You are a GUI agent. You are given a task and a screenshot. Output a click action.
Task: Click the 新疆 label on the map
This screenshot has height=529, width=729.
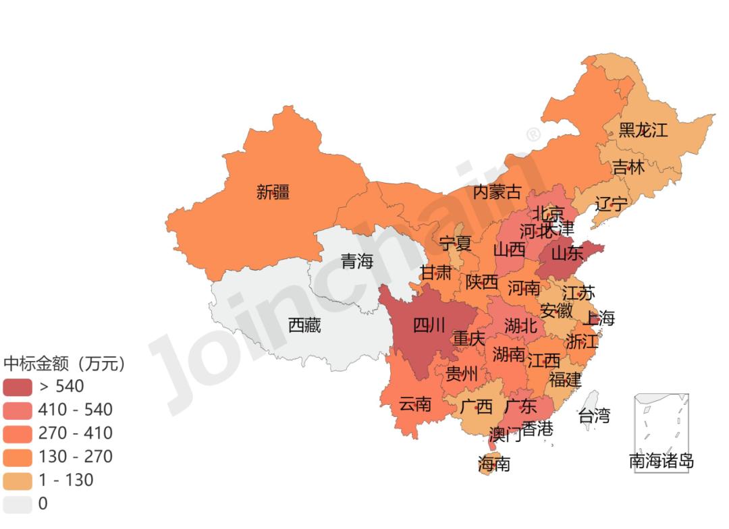273,192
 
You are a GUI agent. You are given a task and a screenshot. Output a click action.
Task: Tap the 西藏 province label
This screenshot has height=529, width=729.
304,326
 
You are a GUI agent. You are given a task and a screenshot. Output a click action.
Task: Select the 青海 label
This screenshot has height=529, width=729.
356,261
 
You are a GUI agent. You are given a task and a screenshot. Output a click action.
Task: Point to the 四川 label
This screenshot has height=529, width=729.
429,326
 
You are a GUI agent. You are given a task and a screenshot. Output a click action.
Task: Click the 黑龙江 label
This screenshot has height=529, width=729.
643,130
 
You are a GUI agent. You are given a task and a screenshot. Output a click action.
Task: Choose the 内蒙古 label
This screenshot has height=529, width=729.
497,192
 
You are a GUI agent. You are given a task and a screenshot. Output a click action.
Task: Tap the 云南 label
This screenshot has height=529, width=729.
414,404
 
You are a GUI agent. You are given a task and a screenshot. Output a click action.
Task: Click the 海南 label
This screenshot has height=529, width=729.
493,464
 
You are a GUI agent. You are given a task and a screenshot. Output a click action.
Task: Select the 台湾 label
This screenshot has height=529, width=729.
593,416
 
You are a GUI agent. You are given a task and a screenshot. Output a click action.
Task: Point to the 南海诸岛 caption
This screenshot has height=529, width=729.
661,462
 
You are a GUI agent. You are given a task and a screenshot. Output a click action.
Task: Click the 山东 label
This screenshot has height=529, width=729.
567,254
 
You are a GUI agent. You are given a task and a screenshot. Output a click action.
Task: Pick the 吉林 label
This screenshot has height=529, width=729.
628,167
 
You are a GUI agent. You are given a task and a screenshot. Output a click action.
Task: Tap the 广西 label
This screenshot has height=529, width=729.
476,407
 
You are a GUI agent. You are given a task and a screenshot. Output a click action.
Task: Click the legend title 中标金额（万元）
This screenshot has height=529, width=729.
64,364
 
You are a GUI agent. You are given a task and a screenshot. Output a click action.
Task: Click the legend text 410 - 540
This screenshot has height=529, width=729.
76,410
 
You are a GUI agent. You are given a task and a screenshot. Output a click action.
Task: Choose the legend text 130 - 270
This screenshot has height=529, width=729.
76,457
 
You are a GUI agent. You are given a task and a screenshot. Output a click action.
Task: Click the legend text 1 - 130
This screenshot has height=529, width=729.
66,480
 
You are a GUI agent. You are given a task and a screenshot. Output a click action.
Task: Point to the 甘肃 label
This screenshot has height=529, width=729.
435,273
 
